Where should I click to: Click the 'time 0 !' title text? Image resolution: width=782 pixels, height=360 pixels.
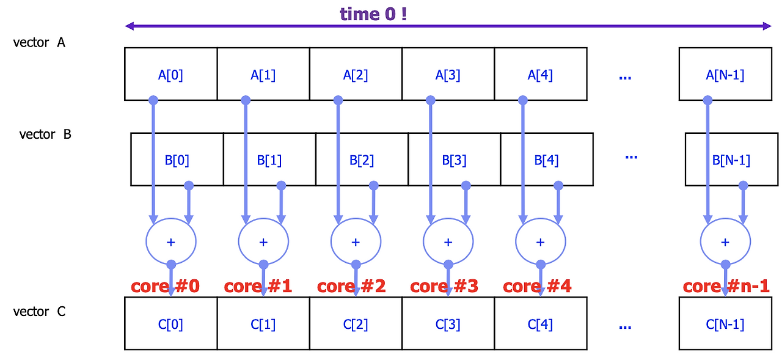point(373,13)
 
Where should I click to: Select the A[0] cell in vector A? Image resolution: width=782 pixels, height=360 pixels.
point(170,74)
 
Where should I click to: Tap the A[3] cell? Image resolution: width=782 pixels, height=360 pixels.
point(448,74)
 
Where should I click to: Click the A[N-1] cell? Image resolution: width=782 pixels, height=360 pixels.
point(725,74)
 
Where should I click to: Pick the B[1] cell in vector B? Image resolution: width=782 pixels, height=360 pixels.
point(269,160)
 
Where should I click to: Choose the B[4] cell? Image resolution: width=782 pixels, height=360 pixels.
point(546,160)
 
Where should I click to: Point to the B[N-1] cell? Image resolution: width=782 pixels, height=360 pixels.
point(731,160)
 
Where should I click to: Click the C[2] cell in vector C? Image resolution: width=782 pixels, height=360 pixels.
point(356,323)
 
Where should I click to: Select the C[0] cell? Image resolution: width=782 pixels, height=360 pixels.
point(170,323)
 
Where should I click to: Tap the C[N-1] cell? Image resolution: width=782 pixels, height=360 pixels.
point(725,323)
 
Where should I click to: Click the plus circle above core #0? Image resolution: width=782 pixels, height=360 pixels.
point(171,242)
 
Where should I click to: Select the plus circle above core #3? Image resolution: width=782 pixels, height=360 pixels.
point(448,242)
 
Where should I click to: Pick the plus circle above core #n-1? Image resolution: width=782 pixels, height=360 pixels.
point(725,242)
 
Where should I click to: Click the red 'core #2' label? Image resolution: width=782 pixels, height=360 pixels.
point(351,286)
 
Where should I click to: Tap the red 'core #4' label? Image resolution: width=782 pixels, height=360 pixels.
point(537,286)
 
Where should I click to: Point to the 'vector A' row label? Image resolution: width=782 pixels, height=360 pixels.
point(39,43)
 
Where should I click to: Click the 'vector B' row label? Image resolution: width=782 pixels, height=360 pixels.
point(45,134)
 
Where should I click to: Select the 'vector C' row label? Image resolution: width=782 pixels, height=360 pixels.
point(39,312)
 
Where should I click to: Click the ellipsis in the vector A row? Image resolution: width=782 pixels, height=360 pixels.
point(624,77)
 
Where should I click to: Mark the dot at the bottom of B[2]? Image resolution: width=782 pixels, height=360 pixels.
point(373,185)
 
